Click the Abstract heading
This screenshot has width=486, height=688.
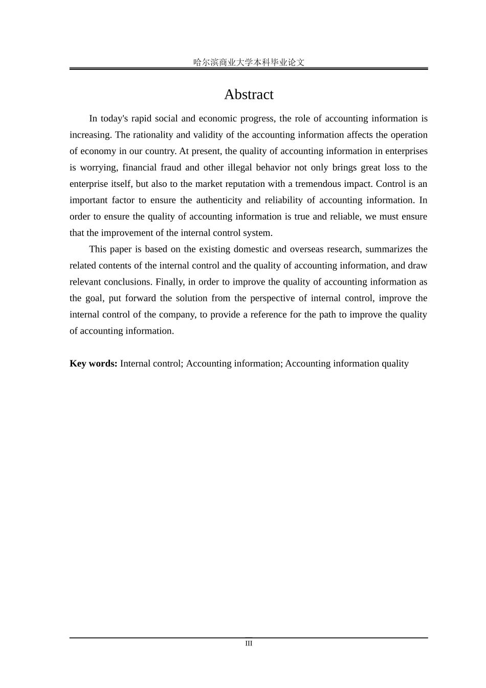coord(249,95)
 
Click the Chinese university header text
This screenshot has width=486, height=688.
coord(249,62)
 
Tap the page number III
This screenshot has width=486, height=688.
coord(249,643)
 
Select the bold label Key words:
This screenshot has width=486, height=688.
coord(94,363)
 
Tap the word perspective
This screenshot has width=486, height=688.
coord(278,298)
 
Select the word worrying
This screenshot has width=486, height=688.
coord(98,168)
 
